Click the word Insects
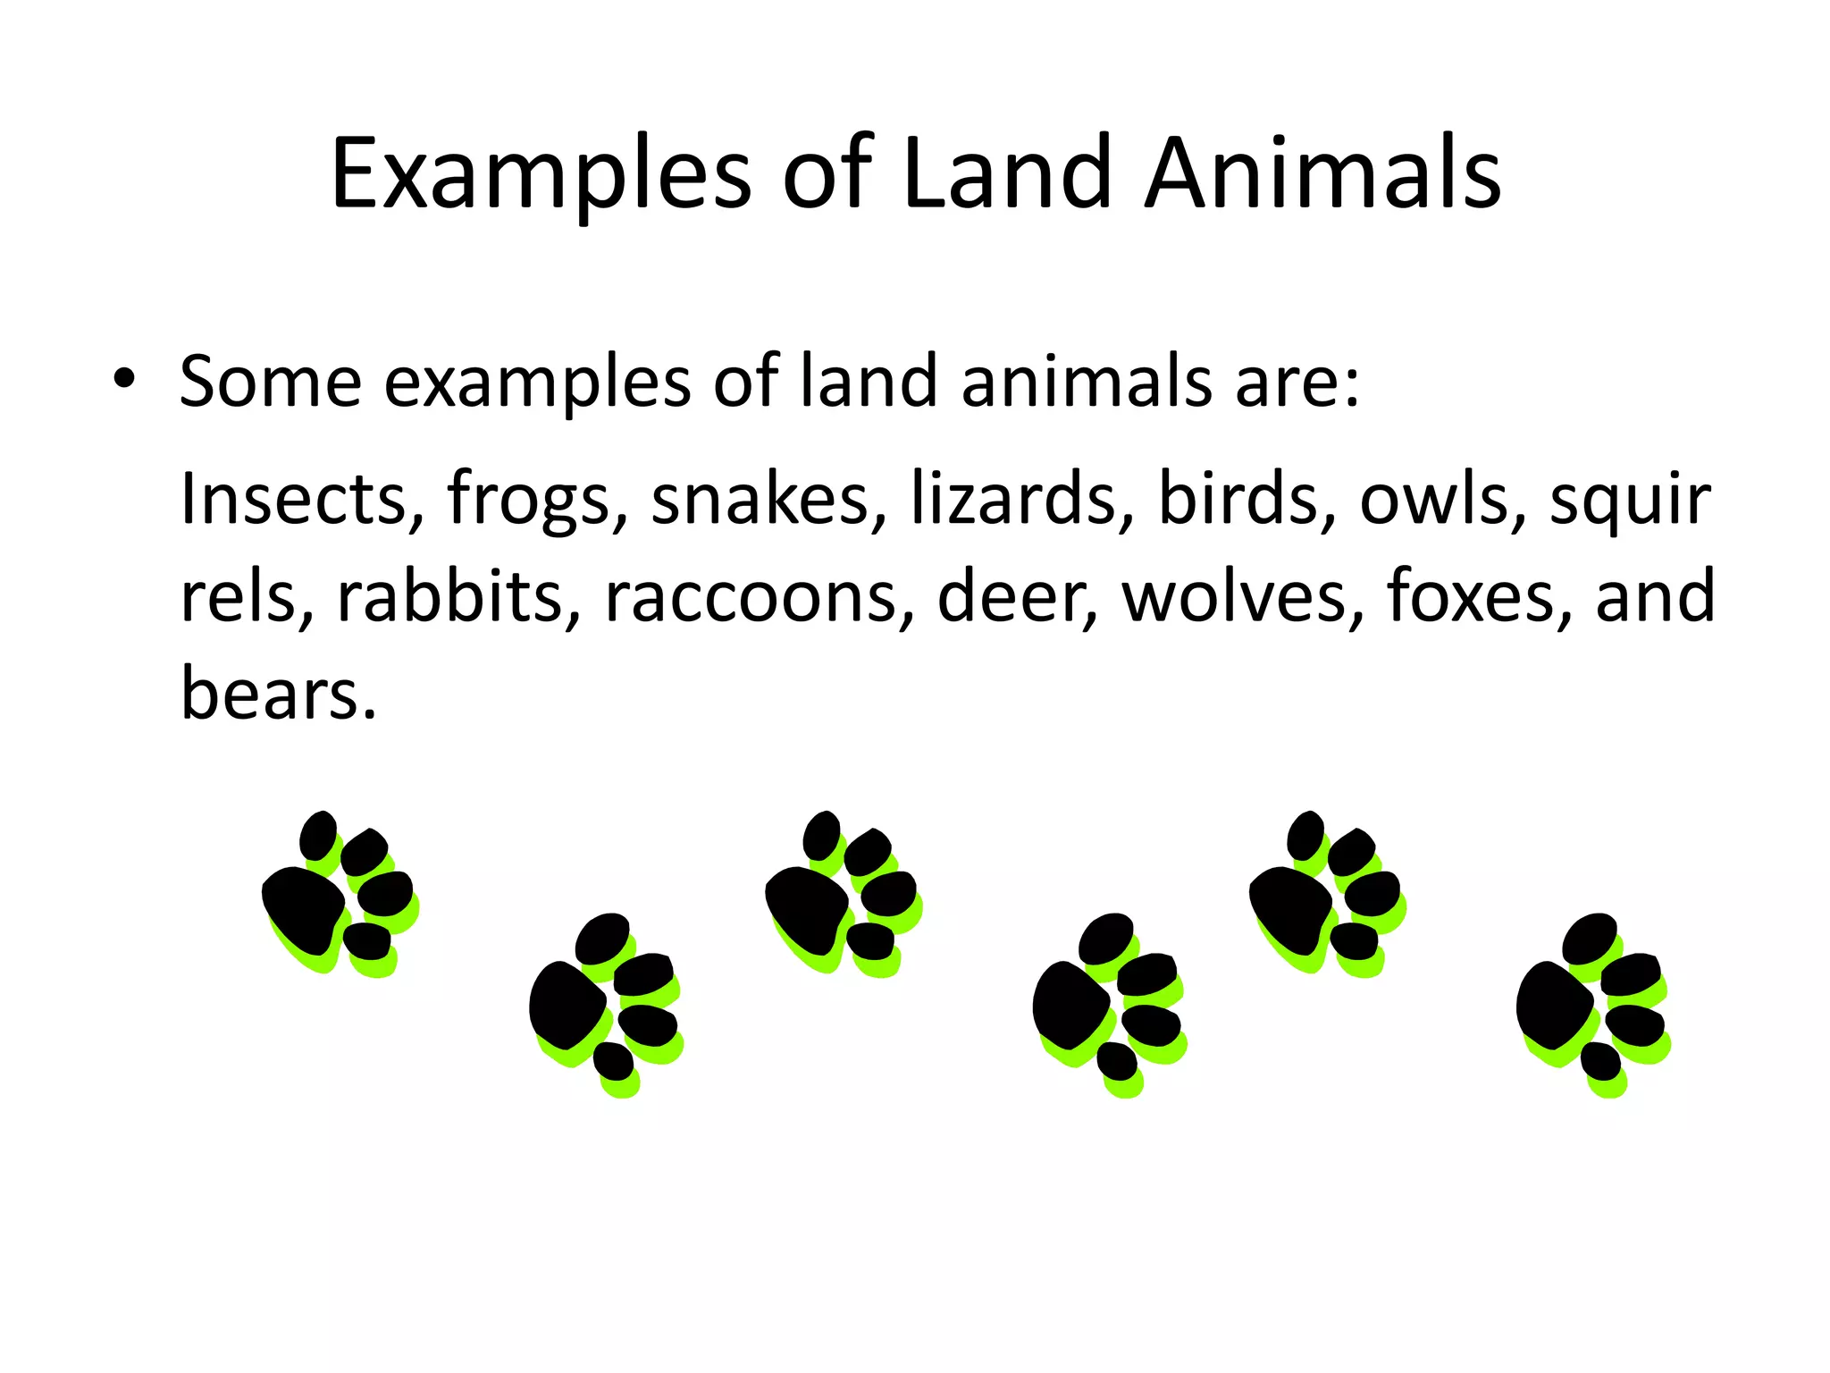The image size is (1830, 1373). coord(294,498)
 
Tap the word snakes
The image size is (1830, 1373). coord(760,498)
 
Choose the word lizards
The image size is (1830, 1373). coord(1012,498)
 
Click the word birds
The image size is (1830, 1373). coord(1238,498)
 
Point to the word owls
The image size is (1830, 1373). coord(1434,498)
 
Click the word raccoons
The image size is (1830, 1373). coord(750,596)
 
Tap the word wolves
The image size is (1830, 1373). coord(1233,596)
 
